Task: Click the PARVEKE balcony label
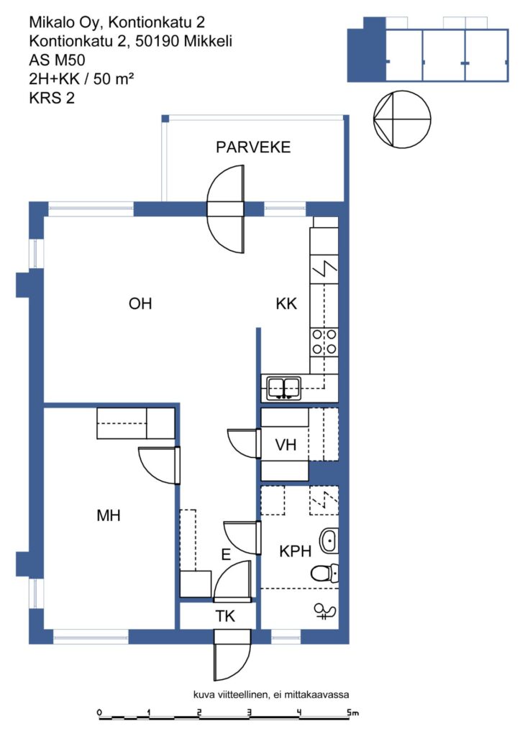[x=253, y=147]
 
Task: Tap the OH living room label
[x=140, y=304]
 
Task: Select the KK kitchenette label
[x=286, y=304]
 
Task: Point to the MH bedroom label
[x=109, y=515]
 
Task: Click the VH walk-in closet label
[x=286, y=444]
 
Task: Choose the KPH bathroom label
[x=295, y=551]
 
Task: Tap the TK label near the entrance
[x=225, y=616]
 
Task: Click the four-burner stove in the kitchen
[x=324, y=341]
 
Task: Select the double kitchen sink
[x=284, y=389]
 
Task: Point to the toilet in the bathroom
[x=324, y=572]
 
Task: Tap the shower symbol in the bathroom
[x=324, y=611]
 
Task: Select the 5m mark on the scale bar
[x=352, y=712]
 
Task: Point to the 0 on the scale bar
[x=99, y=712]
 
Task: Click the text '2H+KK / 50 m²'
[x=81, y=78]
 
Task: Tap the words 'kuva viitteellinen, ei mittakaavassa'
[x=271, y=694]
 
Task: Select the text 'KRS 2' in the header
[x=52, y=98]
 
